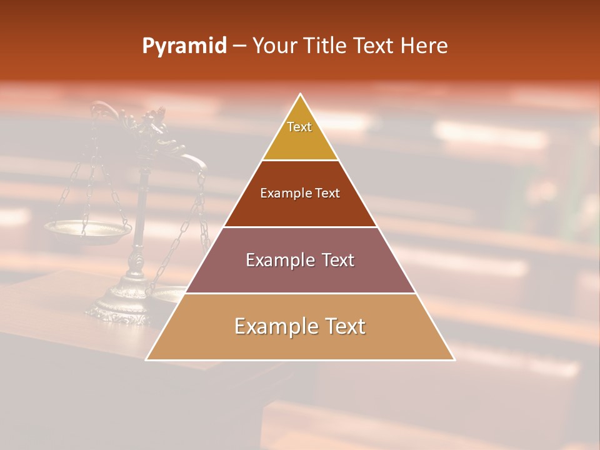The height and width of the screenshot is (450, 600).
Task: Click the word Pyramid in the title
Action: coord(184,46)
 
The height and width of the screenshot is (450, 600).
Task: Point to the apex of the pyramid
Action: coord(301,95)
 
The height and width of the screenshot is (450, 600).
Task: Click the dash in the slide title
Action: coord(239,46)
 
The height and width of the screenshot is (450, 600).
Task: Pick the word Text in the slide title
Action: coord(374,46)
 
